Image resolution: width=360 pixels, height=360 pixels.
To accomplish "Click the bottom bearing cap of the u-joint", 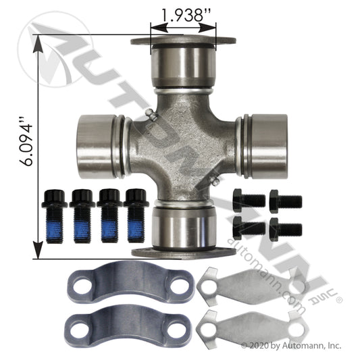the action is [x=183, y=230].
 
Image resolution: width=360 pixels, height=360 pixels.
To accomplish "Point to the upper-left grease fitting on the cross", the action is [x=151, y=114].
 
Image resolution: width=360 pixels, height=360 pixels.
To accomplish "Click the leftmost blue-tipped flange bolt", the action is [x=54, y=216].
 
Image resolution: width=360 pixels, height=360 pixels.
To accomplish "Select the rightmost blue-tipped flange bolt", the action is [x=136, y=215].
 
